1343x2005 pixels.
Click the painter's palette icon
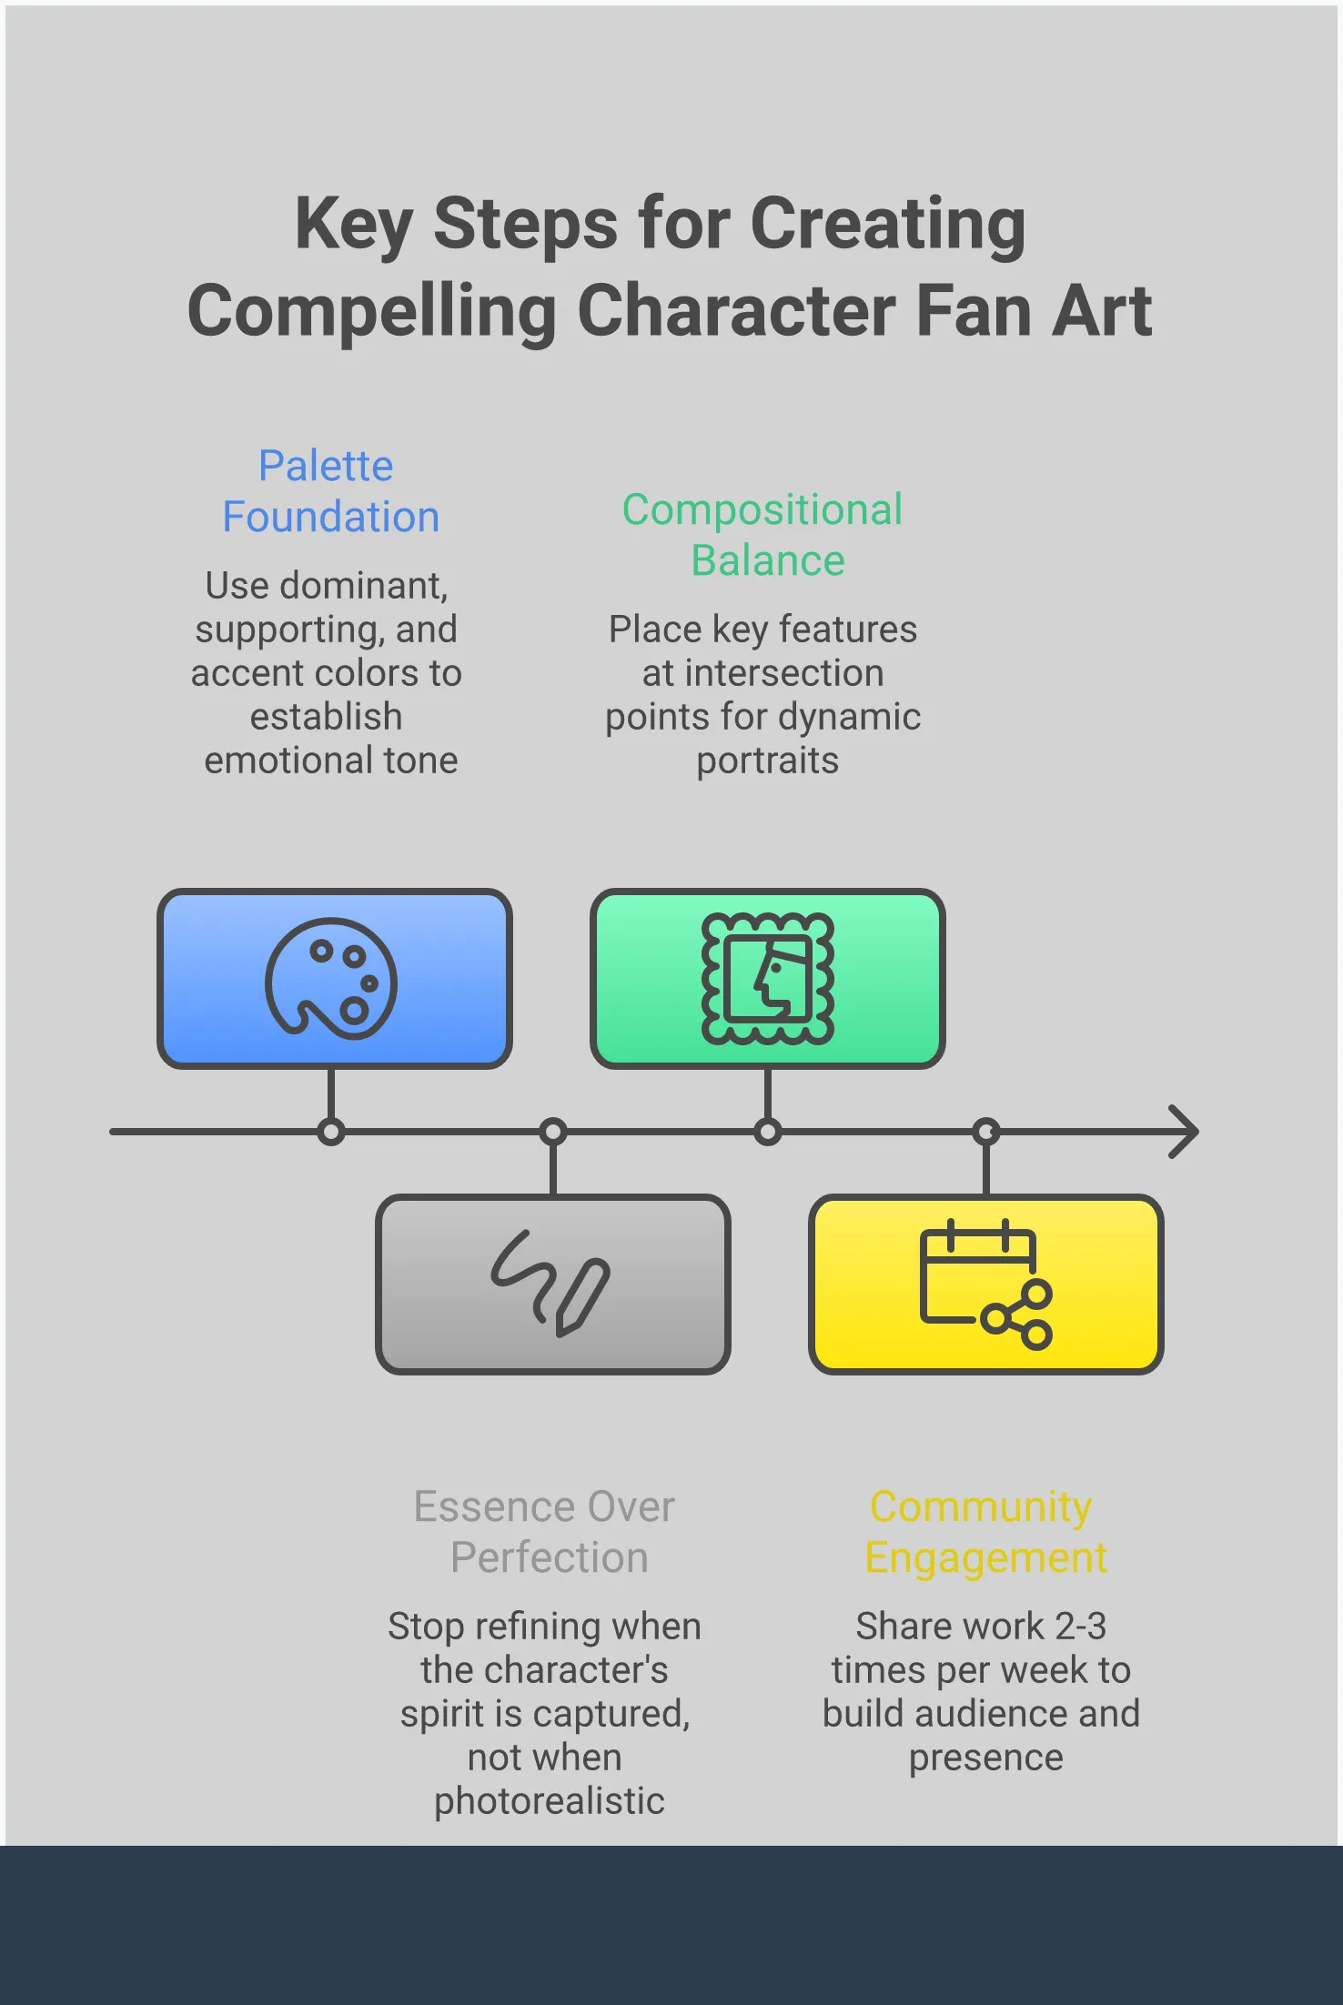pyautogui.click(x=331, y=979)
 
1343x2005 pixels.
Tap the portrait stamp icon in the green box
pyautogui.click(x=767, y=979)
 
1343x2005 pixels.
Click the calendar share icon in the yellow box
pyautogui.click(x=986, y=1283)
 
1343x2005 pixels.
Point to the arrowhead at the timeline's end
pyautogui.click(x=1185, y=1132)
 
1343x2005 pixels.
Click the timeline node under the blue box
pyautogui.click(x=331, y=1132)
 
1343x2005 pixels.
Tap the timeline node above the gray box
pyautogui.click(x=552, y=1132)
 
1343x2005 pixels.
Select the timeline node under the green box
pyautogui.click(x=767, y=1132)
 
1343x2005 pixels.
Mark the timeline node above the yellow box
pyautogui.click(x=986, y=1132)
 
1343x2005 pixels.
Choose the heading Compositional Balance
pyautogui.click(x=763, y=535)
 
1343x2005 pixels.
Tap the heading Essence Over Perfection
pyautogui.click(x=546, y=1532)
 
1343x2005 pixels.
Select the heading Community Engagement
pyautogui.click(x=985, y=1532)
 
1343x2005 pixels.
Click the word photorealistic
pyautogui.click(x=549, y=1801)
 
